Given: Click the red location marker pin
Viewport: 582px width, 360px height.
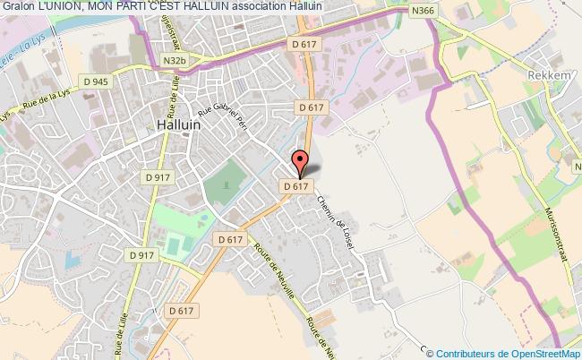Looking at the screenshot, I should pos(302,163).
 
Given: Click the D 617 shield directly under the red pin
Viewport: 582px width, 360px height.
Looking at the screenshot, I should pos(296,186).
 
